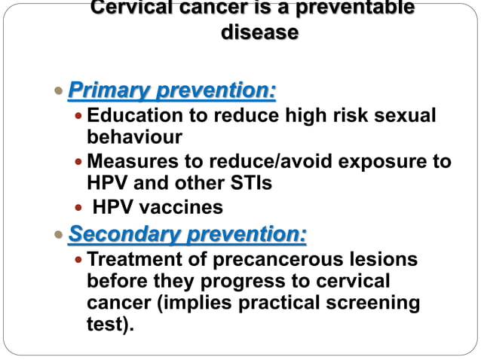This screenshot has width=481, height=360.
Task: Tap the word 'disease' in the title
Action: click(x=259, y=33)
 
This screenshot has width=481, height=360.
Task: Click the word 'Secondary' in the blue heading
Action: click(x=115, y=235)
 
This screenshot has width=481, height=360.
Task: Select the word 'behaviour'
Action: click(x=134, y=138)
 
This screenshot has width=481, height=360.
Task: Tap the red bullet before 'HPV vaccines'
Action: click(x=79, y=207)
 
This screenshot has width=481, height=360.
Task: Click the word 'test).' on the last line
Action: click(x=110, y=325)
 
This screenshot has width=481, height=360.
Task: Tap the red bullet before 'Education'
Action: click(x=79, y=117)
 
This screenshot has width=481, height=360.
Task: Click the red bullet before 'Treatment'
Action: click(x=79, y=260)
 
